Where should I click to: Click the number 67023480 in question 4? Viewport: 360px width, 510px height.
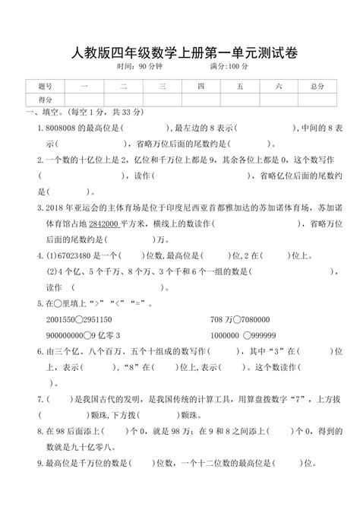pyautogui.click(x=72, y=256)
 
